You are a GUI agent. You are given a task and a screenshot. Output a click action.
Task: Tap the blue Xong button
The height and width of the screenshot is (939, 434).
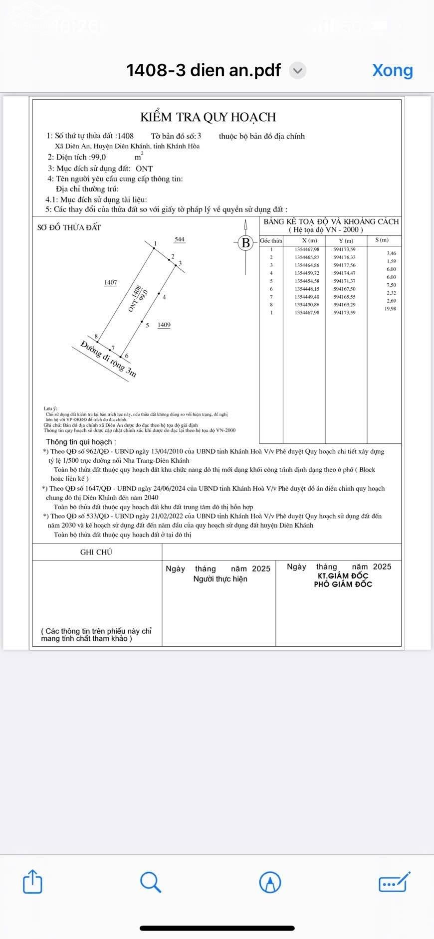coord(392,70)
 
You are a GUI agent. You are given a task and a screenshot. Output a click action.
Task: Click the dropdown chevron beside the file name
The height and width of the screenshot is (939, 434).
coord(298,70)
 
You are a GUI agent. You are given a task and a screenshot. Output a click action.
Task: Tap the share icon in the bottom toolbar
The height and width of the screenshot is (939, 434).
coord(32,881)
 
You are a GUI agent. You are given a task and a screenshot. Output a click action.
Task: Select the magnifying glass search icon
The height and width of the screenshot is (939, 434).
coord(150,881)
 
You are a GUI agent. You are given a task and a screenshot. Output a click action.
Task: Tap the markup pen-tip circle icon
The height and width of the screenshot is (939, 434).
coord(270,882)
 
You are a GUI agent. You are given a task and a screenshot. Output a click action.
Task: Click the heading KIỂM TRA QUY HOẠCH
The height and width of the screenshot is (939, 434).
coord(208,117)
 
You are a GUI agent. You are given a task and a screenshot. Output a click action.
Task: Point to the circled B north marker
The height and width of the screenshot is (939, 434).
coord(245,243)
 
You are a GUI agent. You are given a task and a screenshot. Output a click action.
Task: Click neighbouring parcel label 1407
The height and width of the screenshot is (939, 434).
coord(111,282)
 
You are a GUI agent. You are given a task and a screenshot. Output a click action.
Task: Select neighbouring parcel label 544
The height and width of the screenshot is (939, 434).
coord(180,239)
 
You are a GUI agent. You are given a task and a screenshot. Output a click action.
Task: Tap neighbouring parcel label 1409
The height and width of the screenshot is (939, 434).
coord(164,325)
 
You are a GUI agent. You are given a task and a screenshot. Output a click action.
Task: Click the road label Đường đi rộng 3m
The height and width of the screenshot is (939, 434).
coord(108,359)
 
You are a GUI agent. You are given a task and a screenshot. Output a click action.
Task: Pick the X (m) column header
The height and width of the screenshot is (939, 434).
coord(309,240)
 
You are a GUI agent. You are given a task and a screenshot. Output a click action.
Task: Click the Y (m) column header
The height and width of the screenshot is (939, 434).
coord(346,240)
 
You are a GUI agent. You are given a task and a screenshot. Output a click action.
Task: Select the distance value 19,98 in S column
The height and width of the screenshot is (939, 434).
coord(390,309)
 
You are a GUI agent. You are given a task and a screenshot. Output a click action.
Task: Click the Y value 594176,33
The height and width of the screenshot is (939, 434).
coord(345,257)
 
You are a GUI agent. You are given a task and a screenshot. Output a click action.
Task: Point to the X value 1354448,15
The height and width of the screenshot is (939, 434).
coord(307,289)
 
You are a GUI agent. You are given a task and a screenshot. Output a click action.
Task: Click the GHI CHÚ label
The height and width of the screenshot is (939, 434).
coord(96,552)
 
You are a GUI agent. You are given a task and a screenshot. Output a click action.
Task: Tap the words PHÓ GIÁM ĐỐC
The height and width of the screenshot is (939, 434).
coord(343,584)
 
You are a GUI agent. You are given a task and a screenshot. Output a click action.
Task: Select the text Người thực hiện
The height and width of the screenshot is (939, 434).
coord(220,579)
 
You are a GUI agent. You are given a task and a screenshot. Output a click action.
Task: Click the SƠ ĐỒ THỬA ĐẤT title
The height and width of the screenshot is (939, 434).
coord(69,227)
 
